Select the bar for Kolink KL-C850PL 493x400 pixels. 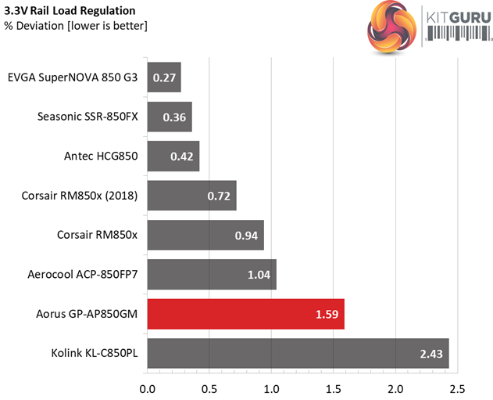click(298, 354)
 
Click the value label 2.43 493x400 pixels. click(430, 354)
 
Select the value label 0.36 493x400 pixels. click(174, 117)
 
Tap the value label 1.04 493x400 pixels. click(258, 275)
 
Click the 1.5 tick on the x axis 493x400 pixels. click(334, 387)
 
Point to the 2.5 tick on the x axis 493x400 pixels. click(458, 387)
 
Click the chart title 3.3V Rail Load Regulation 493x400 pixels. click(70, 11)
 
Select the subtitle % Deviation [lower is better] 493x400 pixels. click(76, 26)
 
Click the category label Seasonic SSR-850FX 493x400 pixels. click(88, 117)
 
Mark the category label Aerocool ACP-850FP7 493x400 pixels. click(82, 275)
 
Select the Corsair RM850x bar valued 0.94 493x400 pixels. click(205, 235)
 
